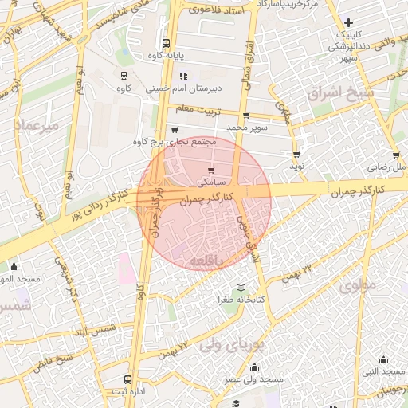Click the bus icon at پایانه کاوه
tap(166, 44)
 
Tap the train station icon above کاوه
tap(124, 75)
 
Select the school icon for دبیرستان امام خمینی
tap(173, 76)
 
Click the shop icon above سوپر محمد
tap(246, 115)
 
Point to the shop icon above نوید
tap(296, 155)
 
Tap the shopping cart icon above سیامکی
tap(211, 170)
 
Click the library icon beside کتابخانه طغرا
tap(241, 288)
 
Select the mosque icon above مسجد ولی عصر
tap(254, 367)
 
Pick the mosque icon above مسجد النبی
tap(383, 359)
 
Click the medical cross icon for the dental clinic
tap(348, 22)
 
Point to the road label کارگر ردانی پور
tap(96, 209)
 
